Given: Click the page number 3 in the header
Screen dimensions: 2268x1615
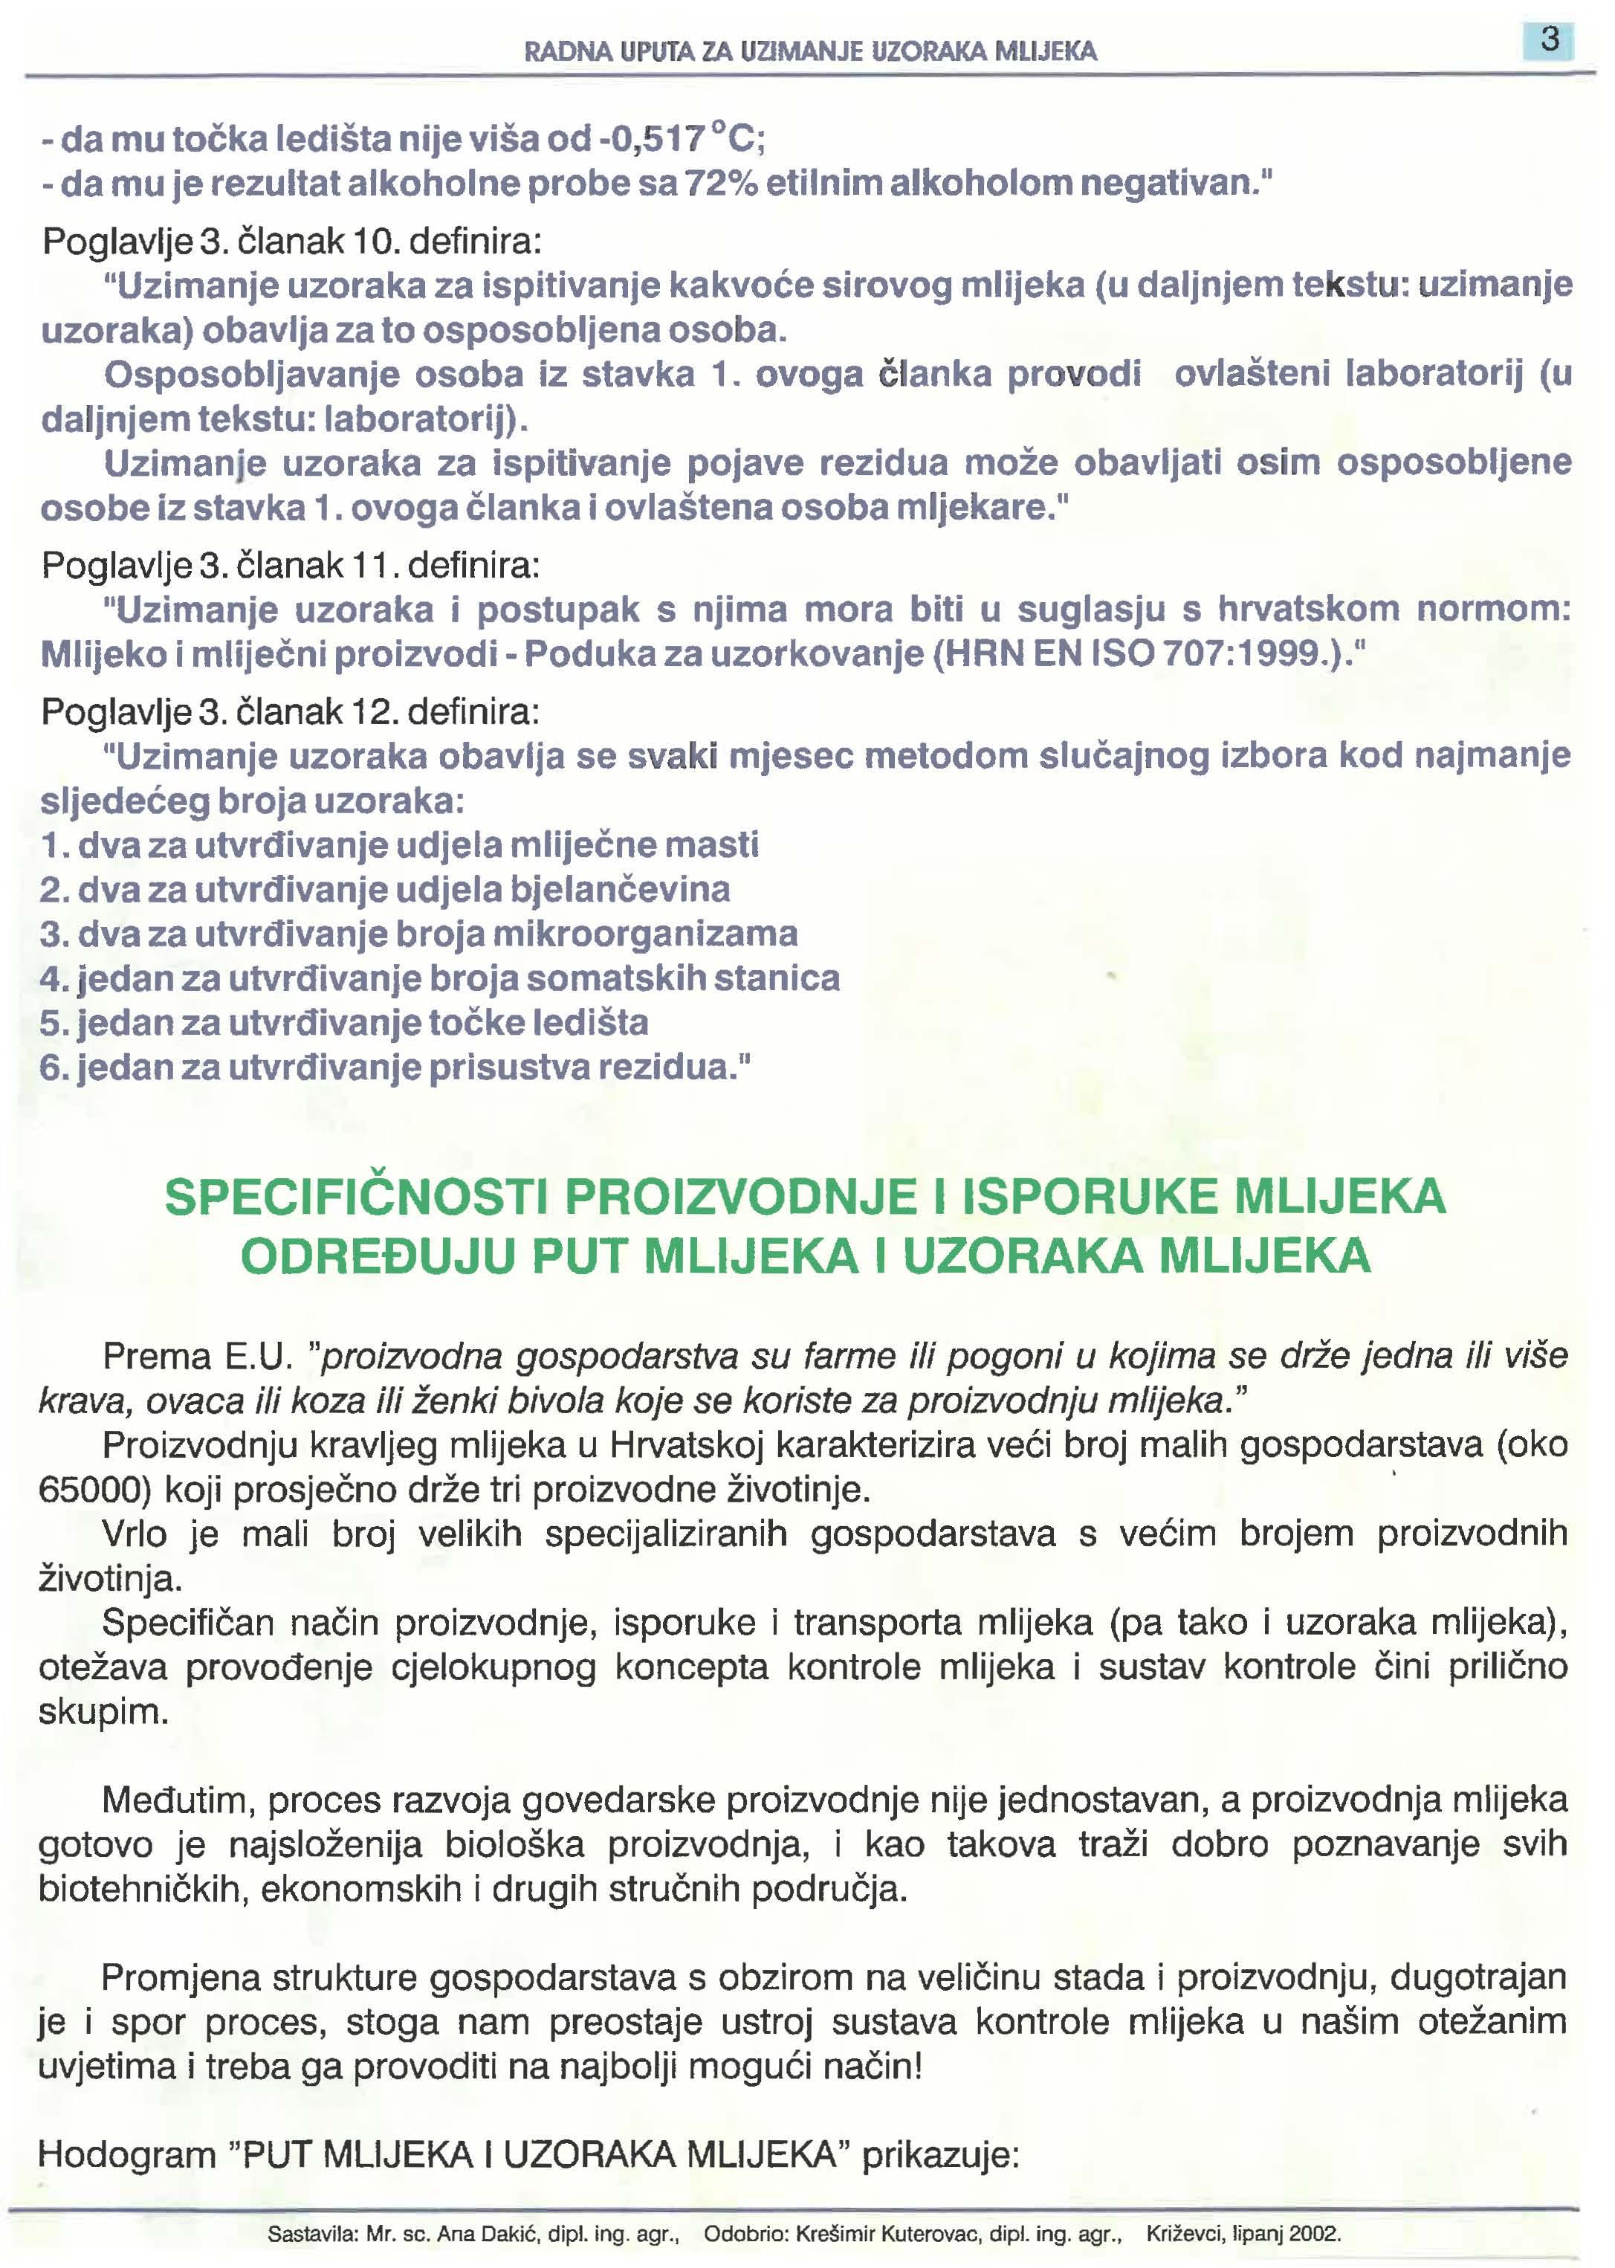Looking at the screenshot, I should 1548,41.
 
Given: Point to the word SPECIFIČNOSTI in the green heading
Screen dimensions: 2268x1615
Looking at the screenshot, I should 356,1197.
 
